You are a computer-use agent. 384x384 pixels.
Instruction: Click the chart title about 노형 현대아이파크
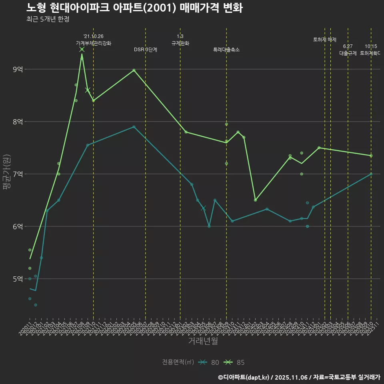click(x=134, y=8)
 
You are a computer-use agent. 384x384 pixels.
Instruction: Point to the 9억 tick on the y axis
click(x=18, y=70)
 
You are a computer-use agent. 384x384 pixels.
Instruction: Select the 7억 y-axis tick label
click(x=18, y=174)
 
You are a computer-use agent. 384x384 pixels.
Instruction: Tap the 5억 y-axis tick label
click(x=18, y=279)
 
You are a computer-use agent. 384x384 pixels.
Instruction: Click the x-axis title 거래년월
click(x=203, y=341)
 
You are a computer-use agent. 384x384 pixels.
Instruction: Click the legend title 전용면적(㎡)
click(x=178, y=362)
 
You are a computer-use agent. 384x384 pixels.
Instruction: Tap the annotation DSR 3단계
click(x=146, y=50)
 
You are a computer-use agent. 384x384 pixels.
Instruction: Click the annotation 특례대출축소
click(x=226, y=50)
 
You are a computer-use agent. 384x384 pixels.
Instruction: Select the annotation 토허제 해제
click(x=325, y=40)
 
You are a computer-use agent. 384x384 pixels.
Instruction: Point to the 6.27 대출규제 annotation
click(x=348, y=50)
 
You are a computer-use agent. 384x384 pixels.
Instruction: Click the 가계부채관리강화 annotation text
click(x=94, y=43)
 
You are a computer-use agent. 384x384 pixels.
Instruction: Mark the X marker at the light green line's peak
click(x=82, y=49)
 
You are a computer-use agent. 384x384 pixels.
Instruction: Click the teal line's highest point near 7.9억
click(x=134, y=127)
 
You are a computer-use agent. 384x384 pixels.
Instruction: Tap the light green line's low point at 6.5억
click(x=255, y=200)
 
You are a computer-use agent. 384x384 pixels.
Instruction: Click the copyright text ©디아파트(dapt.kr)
click(x=244, y=377)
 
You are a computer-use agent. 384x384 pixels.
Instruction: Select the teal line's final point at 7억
click(x=371, y=174)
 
